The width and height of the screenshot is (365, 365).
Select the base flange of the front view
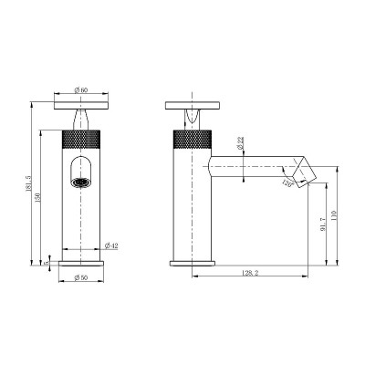82,262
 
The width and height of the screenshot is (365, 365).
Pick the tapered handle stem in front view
82,119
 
